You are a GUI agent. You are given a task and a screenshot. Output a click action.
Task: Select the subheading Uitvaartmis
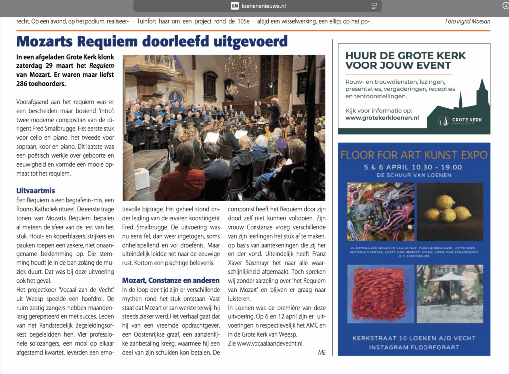coord(35,190)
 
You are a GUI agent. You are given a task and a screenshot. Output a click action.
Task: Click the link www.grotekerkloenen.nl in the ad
coord(382,118)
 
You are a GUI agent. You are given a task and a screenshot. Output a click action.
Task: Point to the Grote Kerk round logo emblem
coord(443,120)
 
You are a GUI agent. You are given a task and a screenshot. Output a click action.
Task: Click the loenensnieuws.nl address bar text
coord(263,6)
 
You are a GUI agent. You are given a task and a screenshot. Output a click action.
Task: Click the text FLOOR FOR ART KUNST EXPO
coord(414,155)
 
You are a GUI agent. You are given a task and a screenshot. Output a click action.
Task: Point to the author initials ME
coord(322,352)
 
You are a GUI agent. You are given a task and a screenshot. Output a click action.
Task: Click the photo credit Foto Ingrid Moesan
coord(467,21)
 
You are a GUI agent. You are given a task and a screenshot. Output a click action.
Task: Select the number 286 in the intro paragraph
coord(23,84)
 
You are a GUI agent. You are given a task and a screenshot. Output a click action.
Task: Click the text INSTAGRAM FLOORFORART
coord(414,347)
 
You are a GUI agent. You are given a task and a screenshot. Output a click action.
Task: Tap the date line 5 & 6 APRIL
coord(393,167)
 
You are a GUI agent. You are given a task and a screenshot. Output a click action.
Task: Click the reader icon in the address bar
coord(374,6)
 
